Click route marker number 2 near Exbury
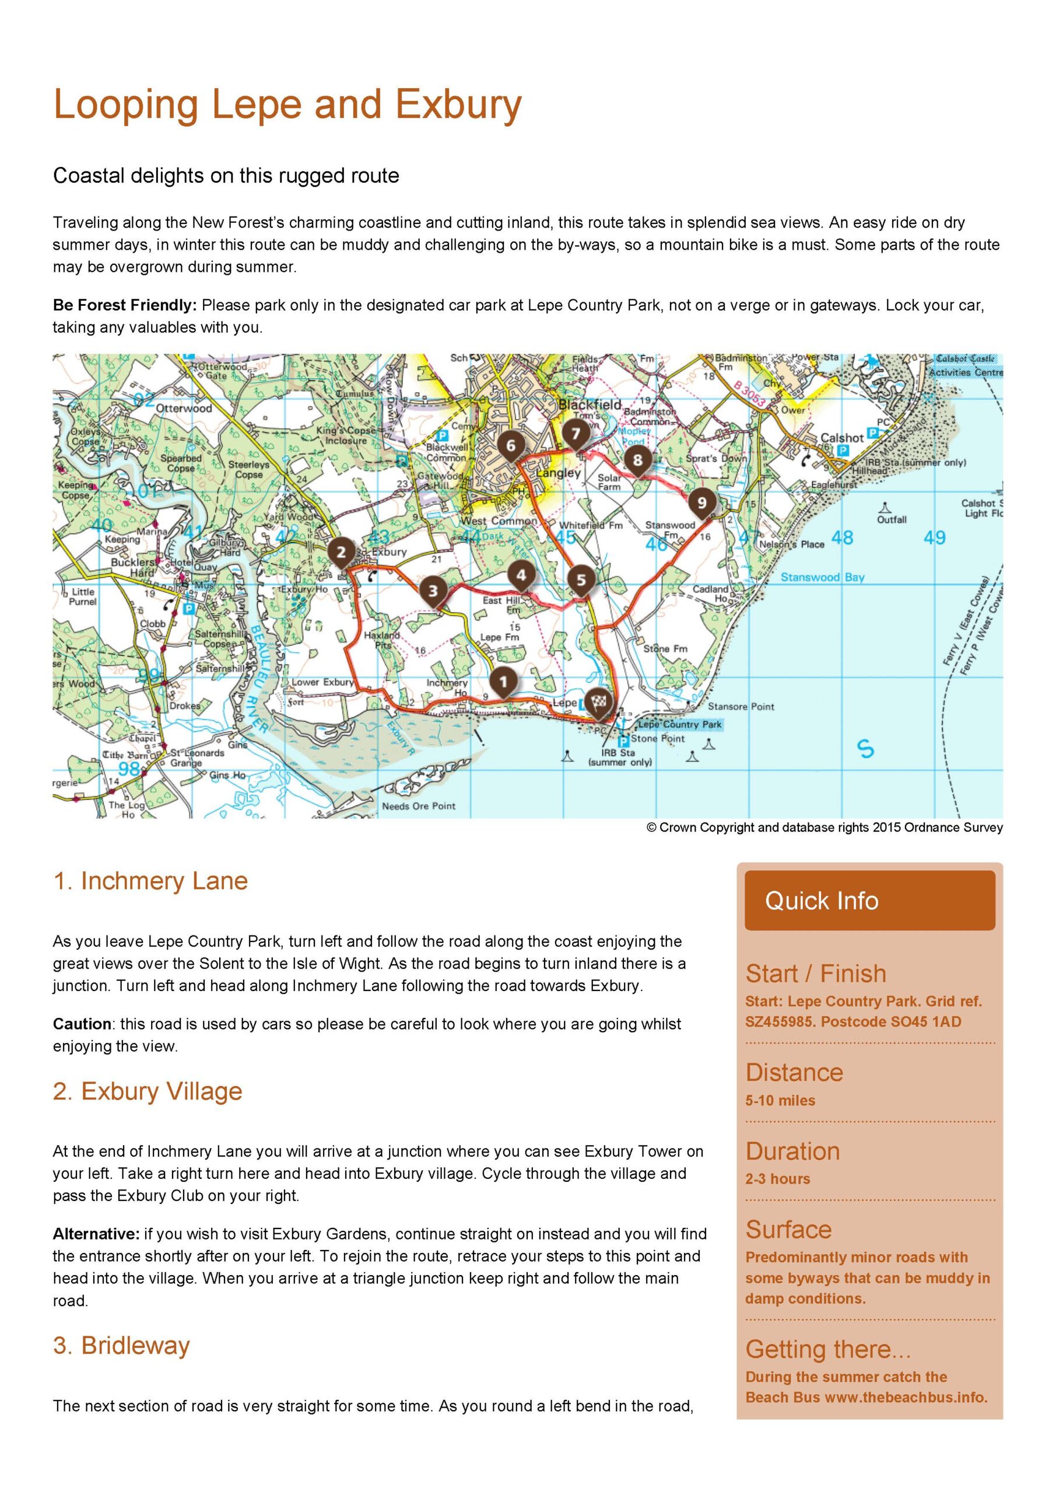coord(340,553)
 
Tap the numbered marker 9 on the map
coord(701,502)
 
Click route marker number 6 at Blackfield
coord(510,446)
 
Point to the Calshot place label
coord(842,438)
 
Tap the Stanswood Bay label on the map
coord(823,577)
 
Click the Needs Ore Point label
coord(419,806)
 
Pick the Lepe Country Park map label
coord(679,724)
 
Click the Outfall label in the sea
coord(892,519)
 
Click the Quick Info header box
coord(869,900)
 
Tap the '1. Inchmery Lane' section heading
coord(150,881)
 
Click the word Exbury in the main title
coord(458,104)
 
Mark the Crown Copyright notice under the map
coord(824,828)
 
